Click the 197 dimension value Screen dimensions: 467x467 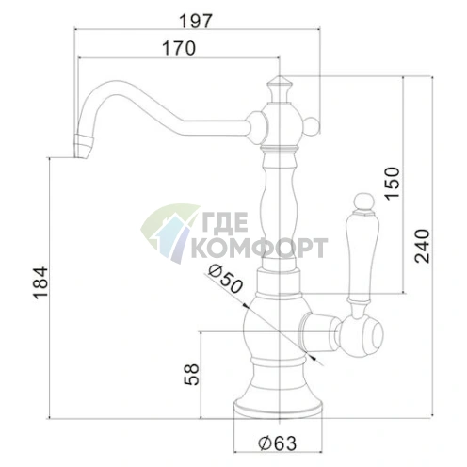(196, 22)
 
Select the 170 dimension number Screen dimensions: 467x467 (179, 48)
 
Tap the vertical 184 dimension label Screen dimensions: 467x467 (41, 283)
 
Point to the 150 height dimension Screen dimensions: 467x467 (393, 184)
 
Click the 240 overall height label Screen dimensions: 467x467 (422, 247)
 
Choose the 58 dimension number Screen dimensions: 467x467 (191, 374)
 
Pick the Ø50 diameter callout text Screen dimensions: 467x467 (226, 279)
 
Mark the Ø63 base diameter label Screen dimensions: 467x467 (277, 443)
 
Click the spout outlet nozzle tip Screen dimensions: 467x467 (84, 147)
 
